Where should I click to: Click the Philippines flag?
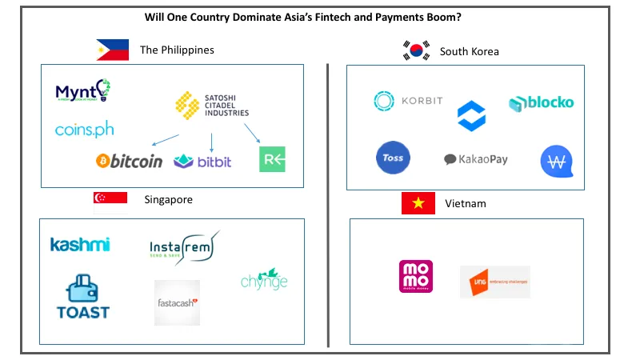coord(112,50)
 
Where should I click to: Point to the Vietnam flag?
coord(418,203)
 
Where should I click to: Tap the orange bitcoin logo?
coord(129,162)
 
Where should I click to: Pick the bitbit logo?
coord(202,162)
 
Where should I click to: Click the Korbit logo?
coord(408,101)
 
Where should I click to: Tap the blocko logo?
coord(542,103)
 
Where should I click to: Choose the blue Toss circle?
coord(393,158)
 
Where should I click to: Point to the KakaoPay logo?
coord(476,159)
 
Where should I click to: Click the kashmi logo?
coord(80,245)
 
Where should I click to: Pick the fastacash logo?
coord(177,302)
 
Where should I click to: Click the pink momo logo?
coord(416,277)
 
